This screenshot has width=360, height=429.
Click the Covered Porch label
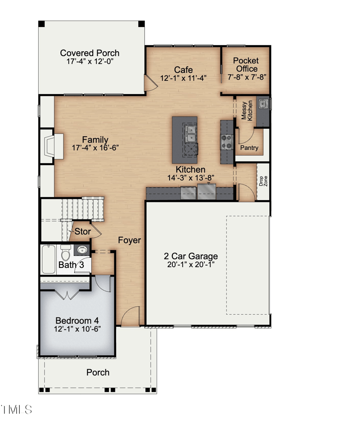90,53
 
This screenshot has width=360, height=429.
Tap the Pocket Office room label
245,65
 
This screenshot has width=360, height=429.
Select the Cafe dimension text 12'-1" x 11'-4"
183,78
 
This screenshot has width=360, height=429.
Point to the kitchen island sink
191,134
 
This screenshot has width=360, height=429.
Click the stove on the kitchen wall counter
226,142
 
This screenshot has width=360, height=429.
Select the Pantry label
249,147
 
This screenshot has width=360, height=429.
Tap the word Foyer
129,240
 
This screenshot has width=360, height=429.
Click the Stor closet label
82,232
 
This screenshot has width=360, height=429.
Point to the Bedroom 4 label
77,321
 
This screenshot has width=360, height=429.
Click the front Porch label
98,372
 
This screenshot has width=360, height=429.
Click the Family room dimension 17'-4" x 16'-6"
94,147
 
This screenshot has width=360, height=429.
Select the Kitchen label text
190,170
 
